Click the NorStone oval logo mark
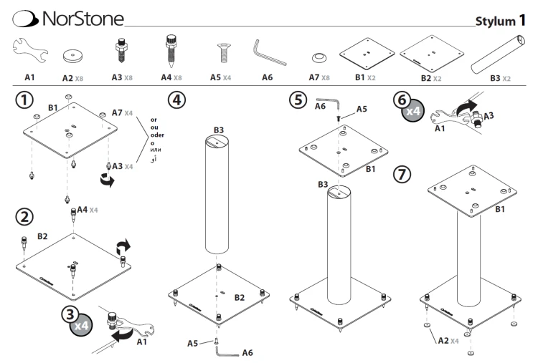(x=24, y=19)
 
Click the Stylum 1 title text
(x=500, y=21)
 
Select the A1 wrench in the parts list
(x=30, y=50)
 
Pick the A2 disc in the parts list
(x=72, y=56)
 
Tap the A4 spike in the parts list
(x=171, y=51)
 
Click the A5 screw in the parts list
(x=224, y=53)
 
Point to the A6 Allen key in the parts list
(x=269, y=52)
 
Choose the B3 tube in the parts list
(x=498, y=54)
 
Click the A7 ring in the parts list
(x=319, y=58)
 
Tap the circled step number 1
(x=24, y=100)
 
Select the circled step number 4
(x=176, y=100)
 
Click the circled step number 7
(x=402, y=174)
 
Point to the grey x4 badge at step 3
(x=81, y=324)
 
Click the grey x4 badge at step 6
(x=413, y=111)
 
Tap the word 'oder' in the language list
(x=157, y=135)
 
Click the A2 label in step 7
(x=443, y=340)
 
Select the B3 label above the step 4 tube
(x=219, y=130)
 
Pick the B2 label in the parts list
(x=426, y=78)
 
